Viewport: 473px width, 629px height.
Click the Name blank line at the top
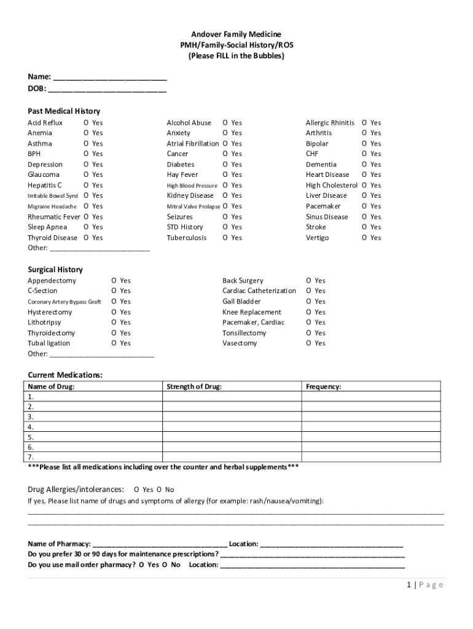point(110,78)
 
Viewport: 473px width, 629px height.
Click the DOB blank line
point(107,89)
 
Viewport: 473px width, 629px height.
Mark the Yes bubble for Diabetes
point(225,165)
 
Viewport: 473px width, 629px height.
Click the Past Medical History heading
point(64,111)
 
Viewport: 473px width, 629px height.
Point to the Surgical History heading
point(55,270)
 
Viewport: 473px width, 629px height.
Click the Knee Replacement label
point(252,312)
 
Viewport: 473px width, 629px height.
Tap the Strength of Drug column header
point(194,387)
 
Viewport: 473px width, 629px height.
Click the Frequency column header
point(324,387)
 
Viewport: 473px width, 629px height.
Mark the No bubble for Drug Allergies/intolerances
point(159,490)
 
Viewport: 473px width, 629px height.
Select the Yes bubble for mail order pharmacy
point(142,565)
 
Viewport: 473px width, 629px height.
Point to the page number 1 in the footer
point(408,585)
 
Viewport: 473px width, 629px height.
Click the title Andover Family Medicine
point(236,34)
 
